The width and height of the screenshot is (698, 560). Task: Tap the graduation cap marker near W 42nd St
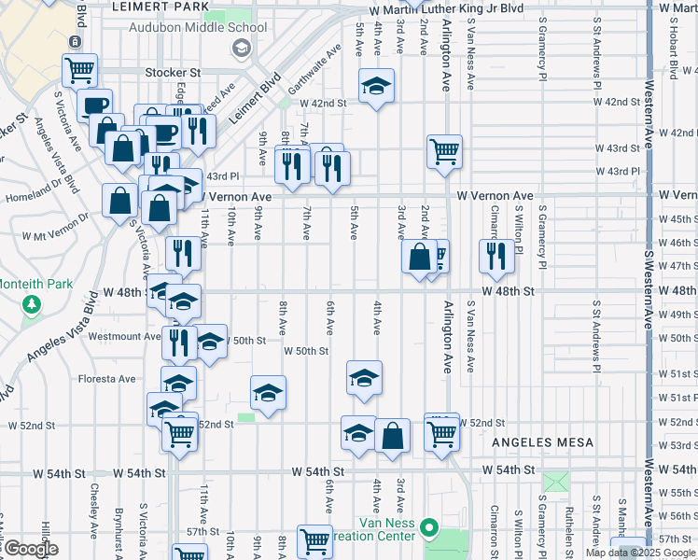(x=376, y=87)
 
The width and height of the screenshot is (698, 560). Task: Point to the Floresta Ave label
(x=108, y=379)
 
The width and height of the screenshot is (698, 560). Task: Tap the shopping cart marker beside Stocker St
(x=80, y=69)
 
